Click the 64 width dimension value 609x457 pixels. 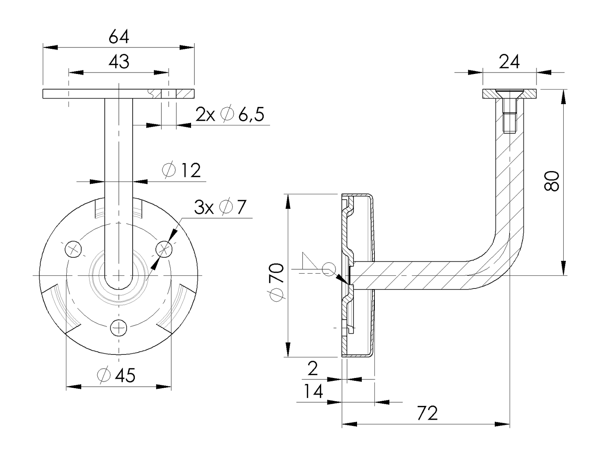(119, 37)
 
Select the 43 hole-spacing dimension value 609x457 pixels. (119, 62)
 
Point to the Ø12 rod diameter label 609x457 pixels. (182, 170)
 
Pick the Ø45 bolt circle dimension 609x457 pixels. (116, 375)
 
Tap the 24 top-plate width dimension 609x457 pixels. (509, 62)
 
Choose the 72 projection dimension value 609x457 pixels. (427, 413)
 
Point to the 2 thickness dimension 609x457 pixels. (312, 369)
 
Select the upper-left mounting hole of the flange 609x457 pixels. (74, 249)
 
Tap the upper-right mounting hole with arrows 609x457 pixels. (164, 249)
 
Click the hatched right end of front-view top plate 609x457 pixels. (185, 94)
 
